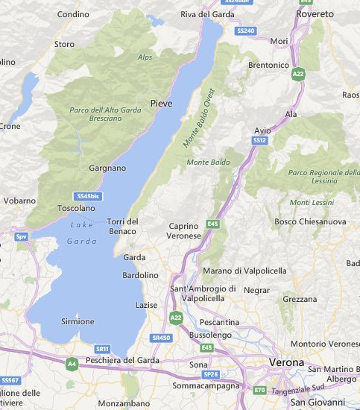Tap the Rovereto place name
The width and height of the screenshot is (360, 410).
(315, 14)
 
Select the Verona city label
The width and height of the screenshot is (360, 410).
(285, 362)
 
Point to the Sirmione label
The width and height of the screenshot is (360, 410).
(78, 321)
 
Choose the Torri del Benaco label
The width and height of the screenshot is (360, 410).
(123, 226)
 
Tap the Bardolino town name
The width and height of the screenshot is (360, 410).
(140, 275)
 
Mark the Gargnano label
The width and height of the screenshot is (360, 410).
(107, 168)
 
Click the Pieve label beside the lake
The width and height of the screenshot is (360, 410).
(162, 103)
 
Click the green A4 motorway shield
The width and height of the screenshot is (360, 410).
(72, 364)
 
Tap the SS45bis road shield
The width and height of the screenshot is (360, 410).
(89, 195)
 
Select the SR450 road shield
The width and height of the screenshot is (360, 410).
(161, 338)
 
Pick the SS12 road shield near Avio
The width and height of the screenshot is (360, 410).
(259, 139)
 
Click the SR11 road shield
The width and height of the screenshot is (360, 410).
(103, 349)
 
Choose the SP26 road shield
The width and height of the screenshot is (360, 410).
(211, 374)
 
